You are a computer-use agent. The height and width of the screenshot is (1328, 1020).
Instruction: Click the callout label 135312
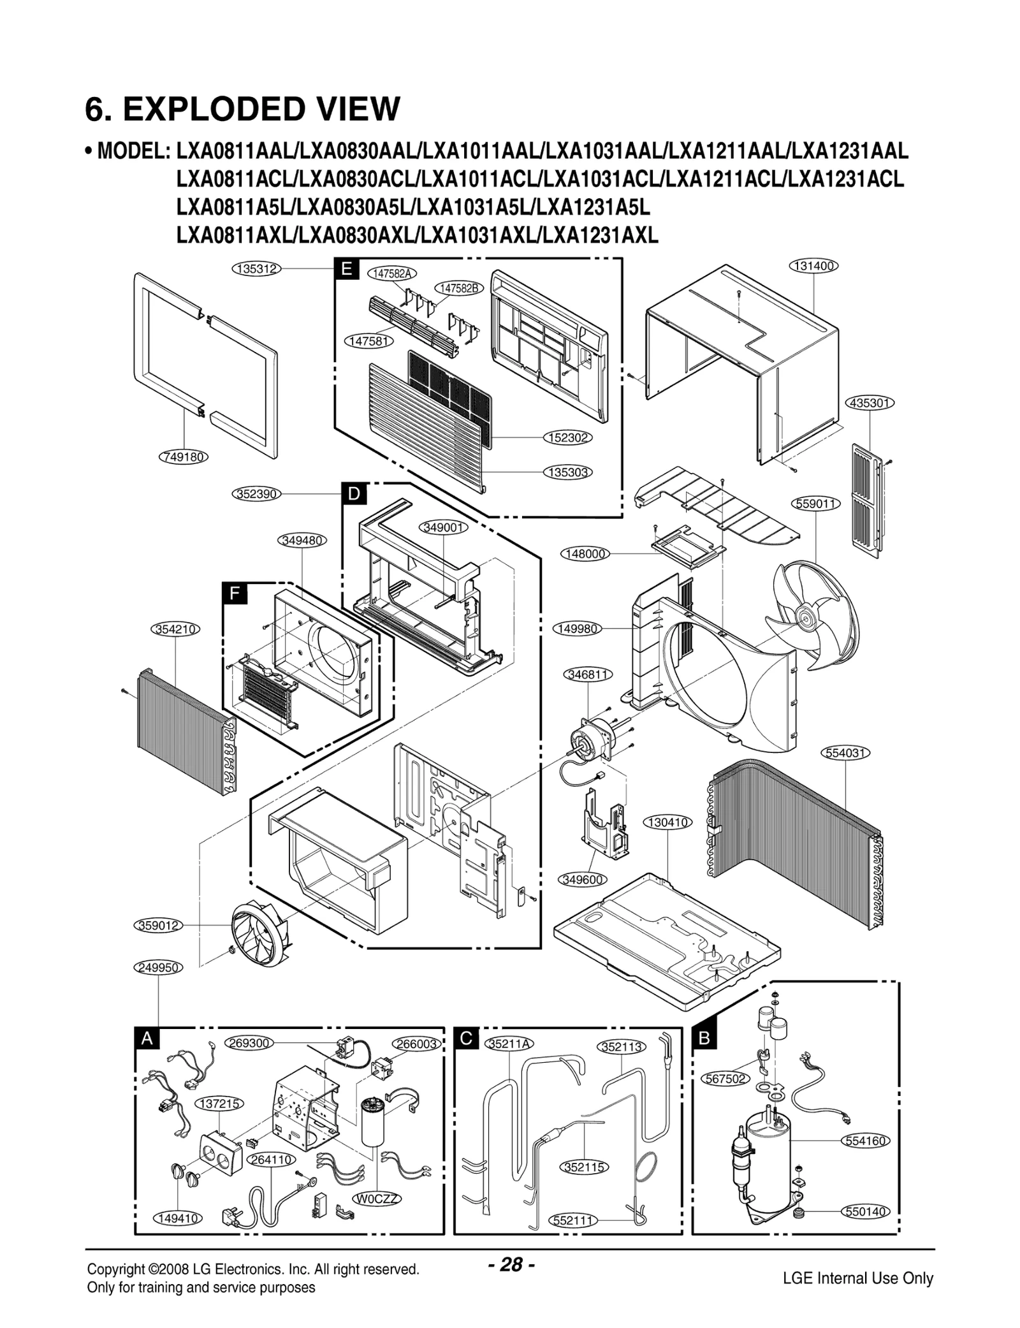tap(256, 269)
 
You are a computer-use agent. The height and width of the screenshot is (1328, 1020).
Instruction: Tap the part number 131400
tap(814, 266)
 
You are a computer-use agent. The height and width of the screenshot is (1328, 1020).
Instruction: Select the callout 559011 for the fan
tap(817, 504)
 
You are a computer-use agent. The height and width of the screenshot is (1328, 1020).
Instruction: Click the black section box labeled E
tap(346, 269)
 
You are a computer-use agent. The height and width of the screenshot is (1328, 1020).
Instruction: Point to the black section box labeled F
tap(234, 594)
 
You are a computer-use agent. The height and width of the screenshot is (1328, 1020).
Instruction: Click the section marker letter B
tap(704, 1039)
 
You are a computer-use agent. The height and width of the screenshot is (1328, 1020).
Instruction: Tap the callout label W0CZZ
tap(377, 1199)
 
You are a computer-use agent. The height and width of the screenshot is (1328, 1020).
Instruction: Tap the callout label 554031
tap(845, 753)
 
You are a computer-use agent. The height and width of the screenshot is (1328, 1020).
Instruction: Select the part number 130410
tap(667, 822)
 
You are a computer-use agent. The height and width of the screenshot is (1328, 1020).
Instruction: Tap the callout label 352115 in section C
tap(585, 1167)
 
